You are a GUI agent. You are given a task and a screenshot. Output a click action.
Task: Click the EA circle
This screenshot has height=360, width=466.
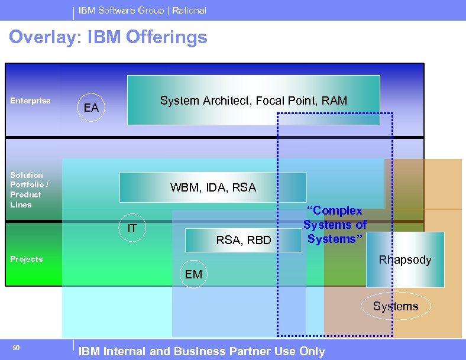[91, 108]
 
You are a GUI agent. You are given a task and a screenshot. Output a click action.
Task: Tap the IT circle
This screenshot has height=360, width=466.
[132, 228]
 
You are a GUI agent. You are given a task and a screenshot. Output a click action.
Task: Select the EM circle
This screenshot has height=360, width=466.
[193, 274]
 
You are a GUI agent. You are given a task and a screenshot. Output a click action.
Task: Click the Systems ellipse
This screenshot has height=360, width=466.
[395, 306]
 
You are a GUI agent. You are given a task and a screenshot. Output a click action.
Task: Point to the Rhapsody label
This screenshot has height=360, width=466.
[405, 260]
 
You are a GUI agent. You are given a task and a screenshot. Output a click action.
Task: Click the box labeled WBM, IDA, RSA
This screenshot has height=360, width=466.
[213, 187]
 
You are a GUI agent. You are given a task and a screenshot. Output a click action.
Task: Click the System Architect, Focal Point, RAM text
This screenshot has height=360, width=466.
[253, 100]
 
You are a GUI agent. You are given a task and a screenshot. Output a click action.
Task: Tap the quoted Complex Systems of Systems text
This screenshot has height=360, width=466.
[335, 225]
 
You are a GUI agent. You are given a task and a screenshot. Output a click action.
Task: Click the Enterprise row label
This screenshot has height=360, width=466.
[31, 100]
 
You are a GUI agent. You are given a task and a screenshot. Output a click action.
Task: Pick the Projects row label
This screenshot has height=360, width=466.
[27, 259]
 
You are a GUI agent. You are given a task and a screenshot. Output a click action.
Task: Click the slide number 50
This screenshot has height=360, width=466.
[16, 348]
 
